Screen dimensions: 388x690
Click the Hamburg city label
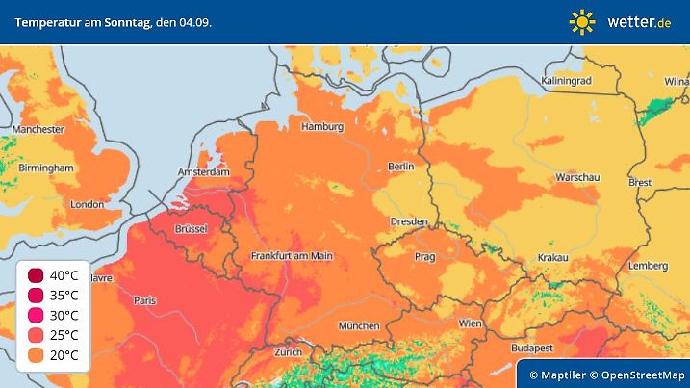[x=322, y=127]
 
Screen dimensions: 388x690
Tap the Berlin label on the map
[x=400, y=167]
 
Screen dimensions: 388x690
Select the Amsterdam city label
[x=203, y=172]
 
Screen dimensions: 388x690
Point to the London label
[x=87, y=204]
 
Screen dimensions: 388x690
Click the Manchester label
[x=38, y=128]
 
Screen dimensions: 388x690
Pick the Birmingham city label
[x=45, y=168]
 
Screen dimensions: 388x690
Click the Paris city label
[x=145, y=300]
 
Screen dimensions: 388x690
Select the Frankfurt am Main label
[x=292, y=256]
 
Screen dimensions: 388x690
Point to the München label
[x=359, y=326]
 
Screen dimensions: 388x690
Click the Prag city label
[x=425, y=257]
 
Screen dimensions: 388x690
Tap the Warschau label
[x=577, y=177]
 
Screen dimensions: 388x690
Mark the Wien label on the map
[x=471, y=323]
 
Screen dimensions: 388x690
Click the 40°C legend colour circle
[x=36, y=275]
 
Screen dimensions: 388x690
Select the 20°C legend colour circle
[x=36, y=354]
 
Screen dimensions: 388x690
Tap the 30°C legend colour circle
[x=36, y=315]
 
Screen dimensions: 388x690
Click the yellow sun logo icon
[x=582, y=21]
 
